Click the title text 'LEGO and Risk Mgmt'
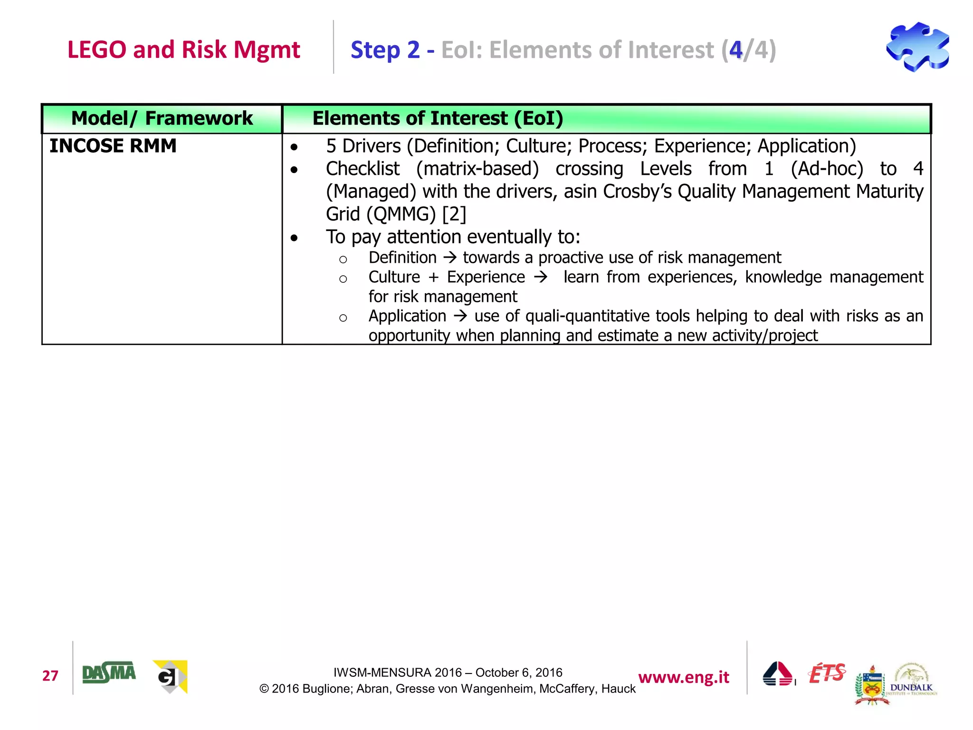click(183, 49)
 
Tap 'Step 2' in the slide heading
click(385, 50)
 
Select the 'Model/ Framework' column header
click(162, 118)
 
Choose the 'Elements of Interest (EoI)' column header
click(438, 118)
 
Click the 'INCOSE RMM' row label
click(113, 146)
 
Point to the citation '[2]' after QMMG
click(454, 214)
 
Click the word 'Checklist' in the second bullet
click(362, 169)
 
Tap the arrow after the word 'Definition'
click(449, 258)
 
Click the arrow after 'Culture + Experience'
click(540, 277)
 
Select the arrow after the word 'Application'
click(460, 316)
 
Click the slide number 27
click(50, 675)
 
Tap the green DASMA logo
click(109, 673)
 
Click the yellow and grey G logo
click(170, 676)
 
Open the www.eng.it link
click(683, 677)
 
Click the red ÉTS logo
click(827, 673)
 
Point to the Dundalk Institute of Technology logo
click(911, 680)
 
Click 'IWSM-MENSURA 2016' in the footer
click(397, 672)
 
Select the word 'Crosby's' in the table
click(637, 192)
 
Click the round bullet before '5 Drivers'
click(295, 147)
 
